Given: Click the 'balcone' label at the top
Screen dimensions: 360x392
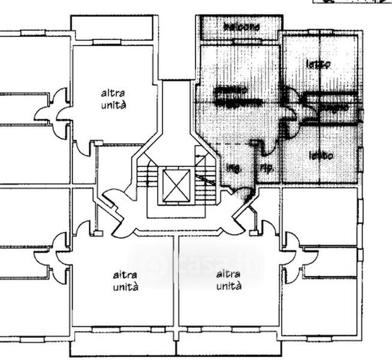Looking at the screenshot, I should point(242,28).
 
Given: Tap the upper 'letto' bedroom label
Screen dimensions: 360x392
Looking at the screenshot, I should point(318,64).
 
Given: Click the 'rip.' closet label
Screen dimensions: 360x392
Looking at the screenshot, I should point(267,169).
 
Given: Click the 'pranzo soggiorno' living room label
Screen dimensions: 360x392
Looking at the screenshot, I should point(237,96).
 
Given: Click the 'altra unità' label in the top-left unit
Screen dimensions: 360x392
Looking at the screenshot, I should point(113,99).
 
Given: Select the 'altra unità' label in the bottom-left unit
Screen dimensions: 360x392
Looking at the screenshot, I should point(126,281).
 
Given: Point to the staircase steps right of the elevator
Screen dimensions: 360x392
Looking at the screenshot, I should point(206,178).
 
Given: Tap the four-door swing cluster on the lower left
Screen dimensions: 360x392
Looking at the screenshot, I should point(55,255).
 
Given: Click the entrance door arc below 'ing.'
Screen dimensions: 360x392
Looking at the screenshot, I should point(243,193).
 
